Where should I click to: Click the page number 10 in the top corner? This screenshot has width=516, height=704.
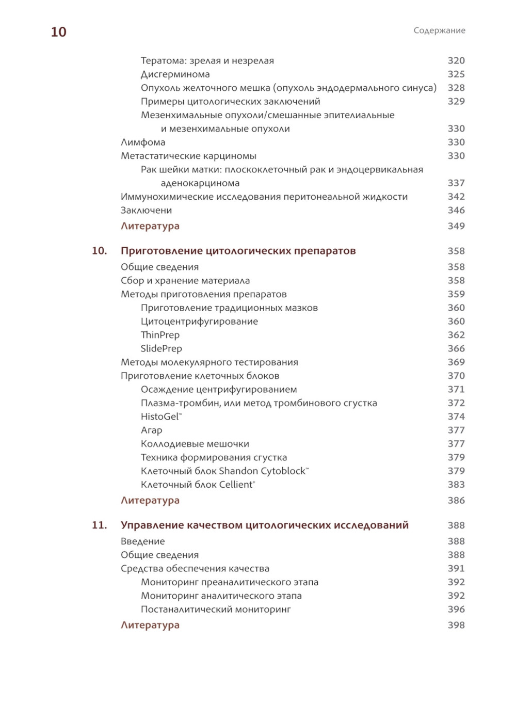[x=58, y=32]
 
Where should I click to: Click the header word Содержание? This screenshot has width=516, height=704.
[x=439, y=30]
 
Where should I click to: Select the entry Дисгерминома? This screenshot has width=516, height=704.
[x=175, y=74]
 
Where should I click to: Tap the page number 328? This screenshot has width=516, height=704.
[x=456, y=88]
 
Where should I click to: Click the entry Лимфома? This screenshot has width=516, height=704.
[x=143, y=142]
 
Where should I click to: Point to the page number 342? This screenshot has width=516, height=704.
[x=456, y=197]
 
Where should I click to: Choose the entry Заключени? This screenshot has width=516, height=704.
[x=146, y=211]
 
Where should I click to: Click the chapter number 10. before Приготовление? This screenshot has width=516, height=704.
[x=99, y=251]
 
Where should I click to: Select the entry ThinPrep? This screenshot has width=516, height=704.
[x=160, y=335]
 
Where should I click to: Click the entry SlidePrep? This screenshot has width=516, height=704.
[x=161, y=349]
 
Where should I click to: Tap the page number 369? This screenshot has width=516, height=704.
[x=456, y=362]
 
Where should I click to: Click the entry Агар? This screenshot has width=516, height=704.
[x=151, y=430]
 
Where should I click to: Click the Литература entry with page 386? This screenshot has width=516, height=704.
[x=150, y=500]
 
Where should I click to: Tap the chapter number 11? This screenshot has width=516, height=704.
[x=99, y=525]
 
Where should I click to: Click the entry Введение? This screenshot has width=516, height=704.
[x=142, y=541]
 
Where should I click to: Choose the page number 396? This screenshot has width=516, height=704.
[x=456, y=610]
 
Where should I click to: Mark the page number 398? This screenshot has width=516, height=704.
[x=456, y=625]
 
